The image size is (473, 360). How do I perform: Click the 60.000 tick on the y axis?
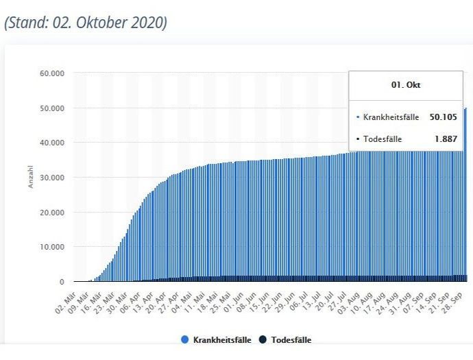click(53, 73)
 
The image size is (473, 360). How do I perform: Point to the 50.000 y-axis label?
click(53, 108)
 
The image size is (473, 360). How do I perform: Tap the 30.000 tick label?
click(53, 177)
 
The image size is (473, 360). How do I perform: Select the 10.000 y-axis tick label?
click(53, 247)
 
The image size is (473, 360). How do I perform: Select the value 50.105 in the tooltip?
click(444, 117)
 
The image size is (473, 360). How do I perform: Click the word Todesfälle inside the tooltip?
click(383, 139)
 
